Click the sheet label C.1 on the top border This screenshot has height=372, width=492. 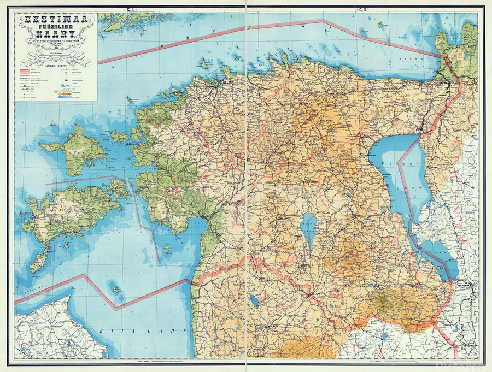coord(131,9)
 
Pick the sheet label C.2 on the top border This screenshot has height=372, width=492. coord(362,9)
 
